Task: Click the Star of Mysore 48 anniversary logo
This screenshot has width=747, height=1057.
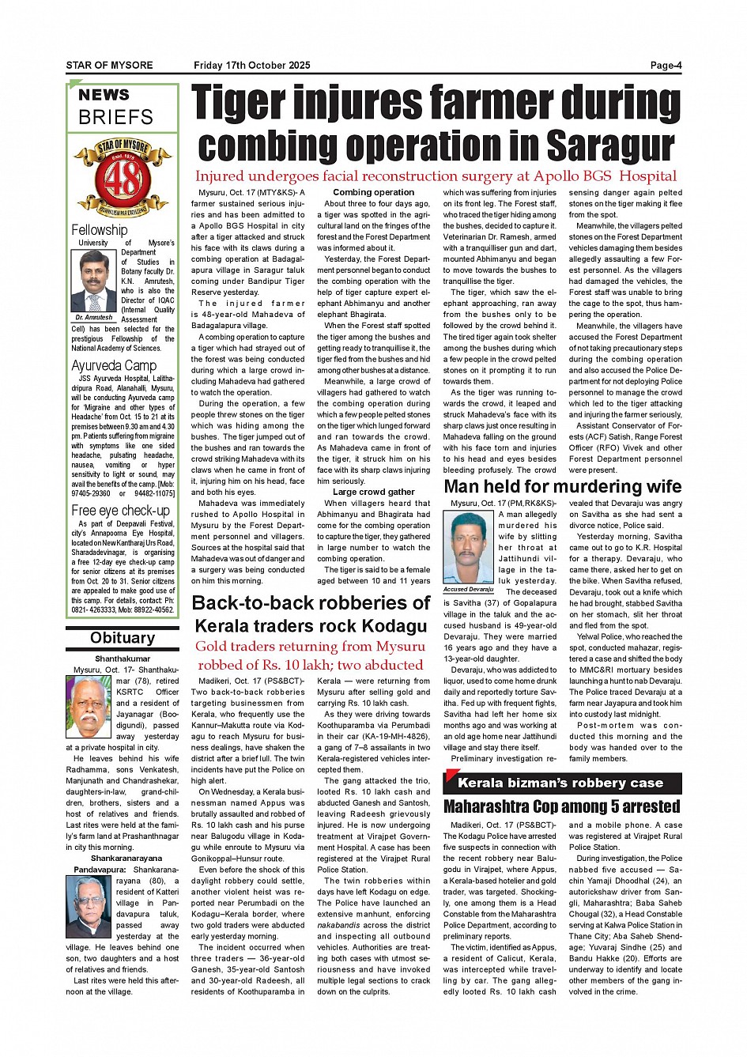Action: (123, 177)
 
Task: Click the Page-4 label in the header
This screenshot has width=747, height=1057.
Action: (666, 66)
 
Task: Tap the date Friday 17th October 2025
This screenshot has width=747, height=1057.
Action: (251, 66)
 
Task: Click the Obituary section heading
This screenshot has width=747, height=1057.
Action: (123, 638)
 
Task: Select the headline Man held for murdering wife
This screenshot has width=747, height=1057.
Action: (562, 486)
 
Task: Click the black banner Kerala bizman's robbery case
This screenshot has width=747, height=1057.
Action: (561, 783)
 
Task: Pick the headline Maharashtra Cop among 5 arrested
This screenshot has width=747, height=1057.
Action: (561, 806)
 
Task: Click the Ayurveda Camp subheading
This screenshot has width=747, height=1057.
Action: (114, 365)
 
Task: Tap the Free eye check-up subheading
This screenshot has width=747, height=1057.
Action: (120, 510)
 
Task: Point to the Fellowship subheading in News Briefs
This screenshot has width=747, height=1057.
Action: (99, 230)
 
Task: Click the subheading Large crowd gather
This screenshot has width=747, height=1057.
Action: (373, 492)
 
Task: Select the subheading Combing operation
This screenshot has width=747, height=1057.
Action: (373, 192)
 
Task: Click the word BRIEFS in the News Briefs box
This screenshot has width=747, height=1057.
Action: (115, 117)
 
